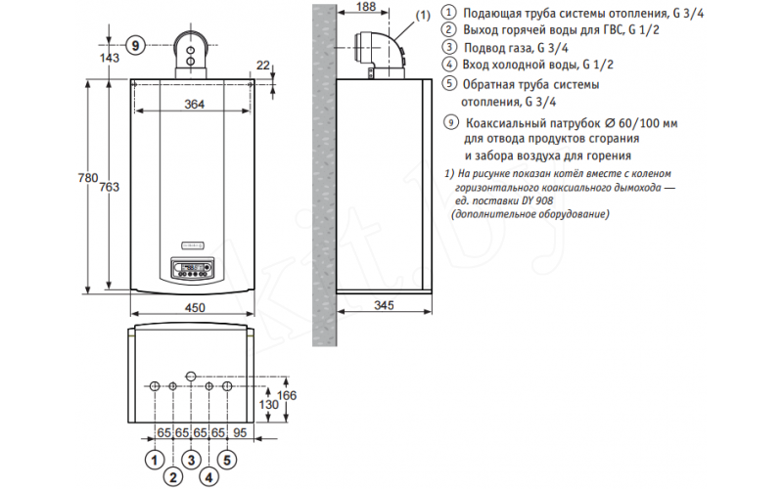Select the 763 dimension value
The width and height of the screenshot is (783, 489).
click(111, 187)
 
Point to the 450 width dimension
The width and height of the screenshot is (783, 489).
click(195, 309)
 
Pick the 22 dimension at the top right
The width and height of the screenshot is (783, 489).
click(262, 65)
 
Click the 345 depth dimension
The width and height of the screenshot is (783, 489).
click(384, 306)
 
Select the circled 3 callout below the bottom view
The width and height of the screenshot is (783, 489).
click(191, 459)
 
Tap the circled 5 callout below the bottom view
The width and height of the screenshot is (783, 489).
click(227, 459)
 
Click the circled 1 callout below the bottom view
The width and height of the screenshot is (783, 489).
click(154, 459)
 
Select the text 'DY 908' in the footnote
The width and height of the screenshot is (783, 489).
click(537, 200)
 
